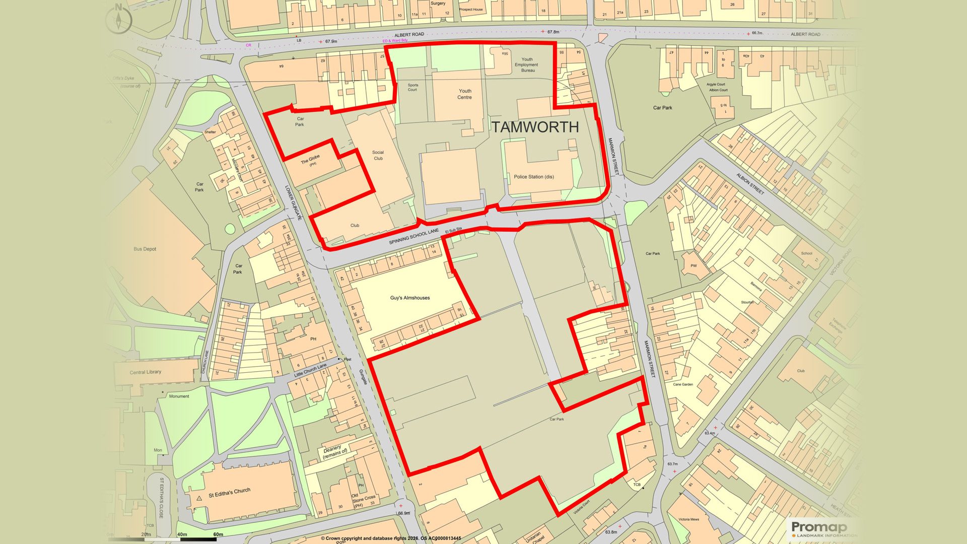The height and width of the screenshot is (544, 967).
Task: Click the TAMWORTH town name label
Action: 535,127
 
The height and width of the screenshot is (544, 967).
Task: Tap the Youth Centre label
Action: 464,94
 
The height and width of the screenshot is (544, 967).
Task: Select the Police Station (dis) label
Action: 533,177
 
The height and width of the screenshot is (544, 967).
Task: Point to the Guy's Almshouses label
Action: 410,298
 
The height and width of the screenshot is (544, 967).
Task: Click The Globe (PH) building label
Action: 310,161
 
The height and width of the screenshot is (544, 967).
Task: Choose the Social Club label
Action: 378,155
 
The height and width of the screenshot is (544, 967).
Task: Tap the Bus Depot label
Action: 145,249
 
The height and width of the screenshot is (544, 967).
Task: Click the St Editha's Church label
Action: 229,493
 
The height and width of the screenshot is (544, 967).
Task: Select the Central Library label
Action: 146,372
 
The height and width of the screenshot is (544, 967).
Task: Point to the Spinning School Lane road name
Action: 414,236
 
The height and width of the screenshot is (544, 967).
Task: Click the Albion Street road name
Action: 750,184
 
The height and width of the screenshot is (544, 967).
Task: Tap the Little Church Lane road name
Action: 310,370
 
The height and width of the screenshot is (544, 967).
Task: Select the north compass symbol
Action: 119,19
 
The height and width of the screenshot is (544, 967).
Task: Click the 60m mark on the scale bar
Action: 218,534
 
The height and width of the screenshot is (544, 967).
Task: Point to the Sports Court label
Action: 412,88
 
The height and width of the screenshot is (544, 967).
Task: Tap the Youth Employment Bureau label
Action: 527,65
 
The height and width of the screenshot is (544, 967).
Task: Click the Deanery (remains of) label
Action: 334,451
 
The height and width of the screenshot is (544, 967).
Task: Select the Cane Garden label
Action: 683,384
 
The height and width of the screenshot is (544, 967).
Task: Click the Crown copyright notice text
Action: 391,538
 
